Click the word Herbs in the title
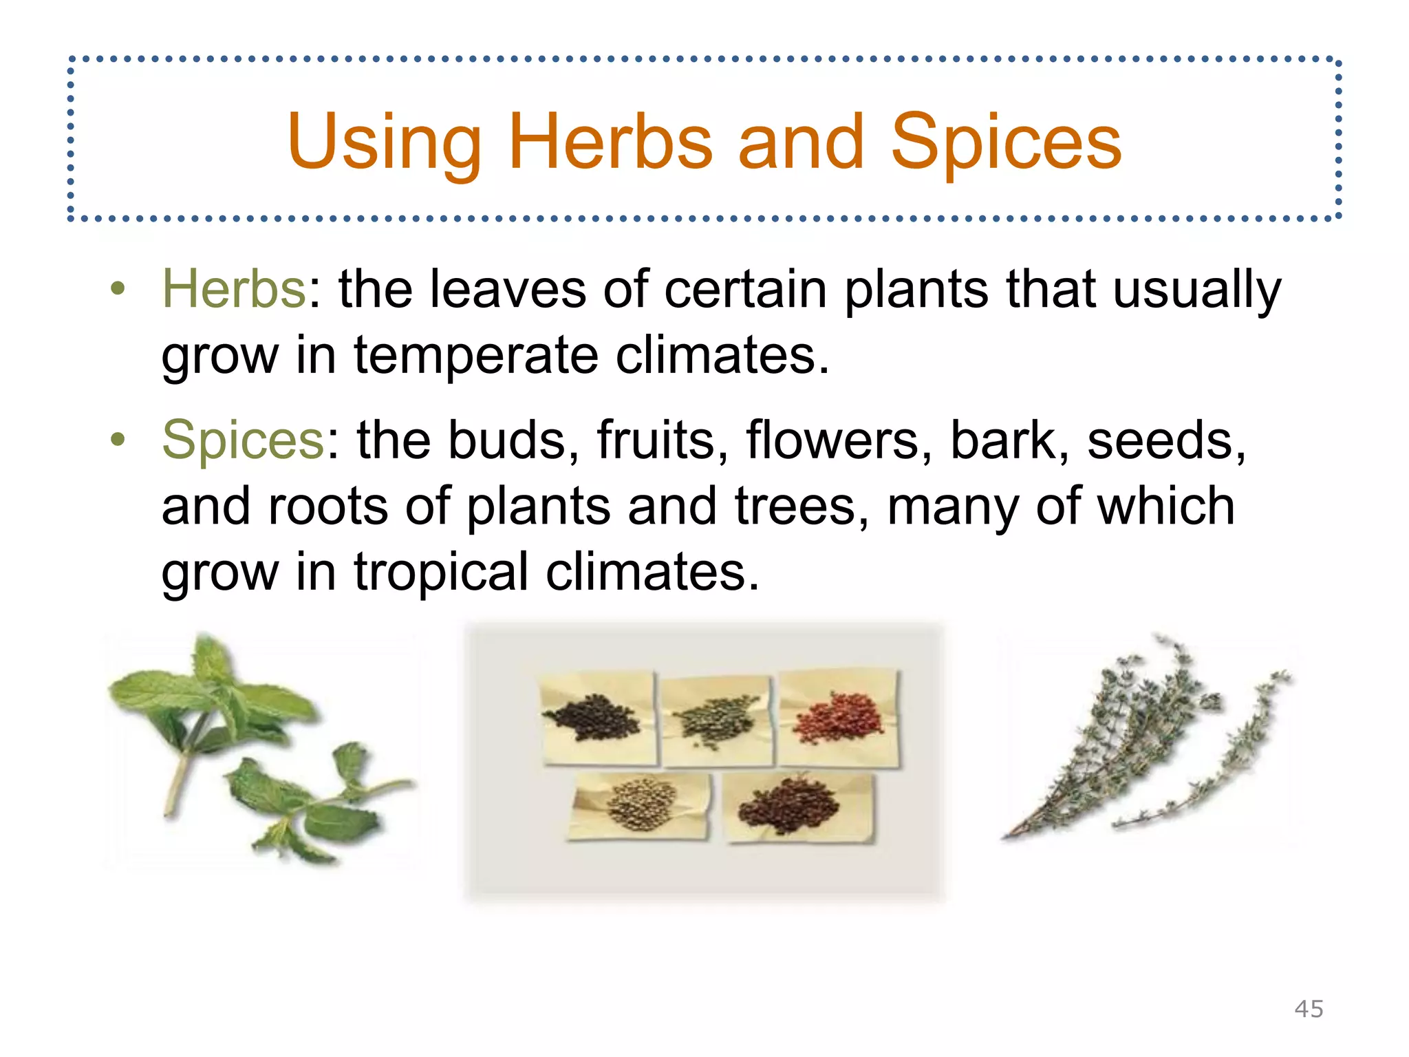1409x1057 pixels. tap(610, 142)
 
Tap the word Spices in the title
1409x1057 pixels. tap(1006, 142)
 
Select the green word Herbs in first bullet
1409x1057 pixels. tap(234, 289)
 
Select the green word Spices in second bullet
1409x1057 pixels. tap(243, 440)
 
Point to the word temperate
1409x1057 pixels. tap(476, 356)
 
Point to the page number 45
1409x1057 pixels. tap(1309, 1009)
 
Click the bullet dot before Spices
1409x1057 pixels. tap(118, 440)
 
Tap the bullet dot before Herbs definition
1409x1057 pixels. tap(118, 289)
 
